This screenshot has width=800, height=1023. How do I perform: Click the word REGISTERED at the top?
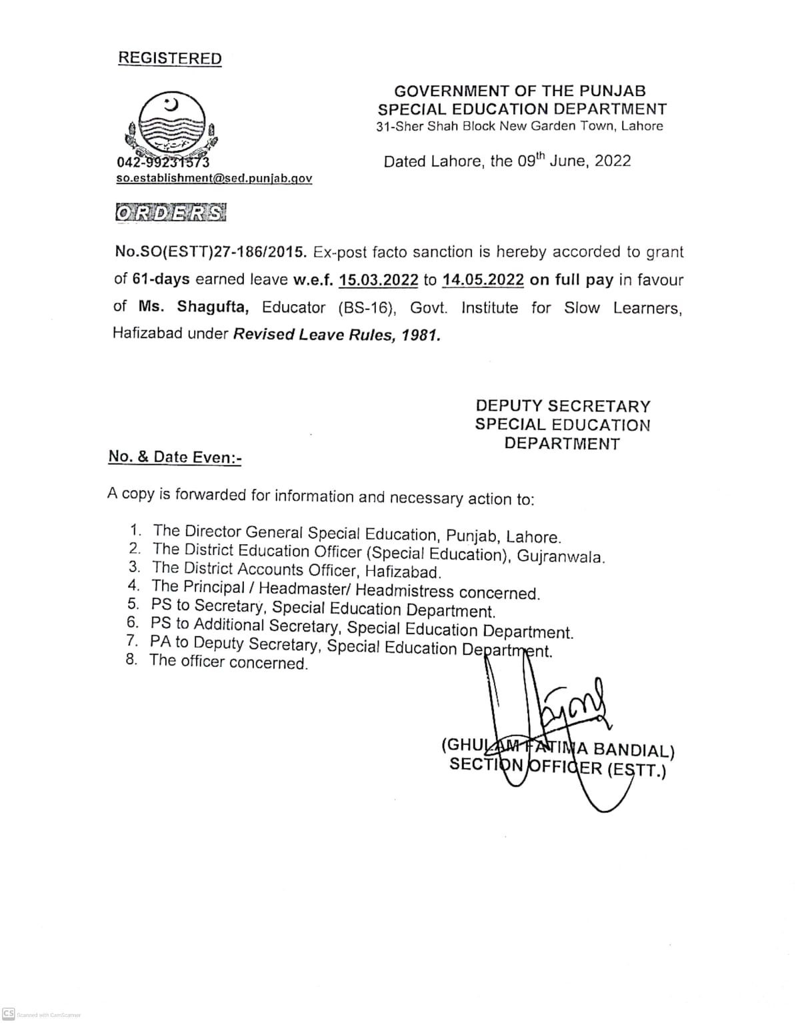coord(169,59)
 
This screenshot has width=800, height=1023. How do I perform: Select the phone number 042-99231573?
coord(163,162)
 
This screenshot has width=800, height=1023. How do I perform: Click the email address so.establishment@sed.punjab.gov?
coord(214,179)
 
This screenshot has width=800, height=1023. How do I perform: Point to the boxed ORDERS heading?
coord(171,213)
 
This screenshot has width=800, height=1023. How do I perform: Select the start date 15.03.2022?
coord(378,280)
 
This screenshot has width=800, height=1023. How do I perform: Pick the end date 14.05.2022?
coord(483,280)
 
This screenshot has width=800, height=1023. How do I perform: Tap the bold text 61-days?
coord(161,280)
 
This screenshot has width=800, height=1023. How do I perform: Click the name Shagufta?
coord(213,307)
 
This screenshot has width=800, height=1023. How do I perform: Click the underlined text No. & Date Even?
coord(175,457)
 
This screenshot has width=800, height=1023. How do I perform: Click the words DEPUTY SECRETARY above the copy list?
coord(563,406)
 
